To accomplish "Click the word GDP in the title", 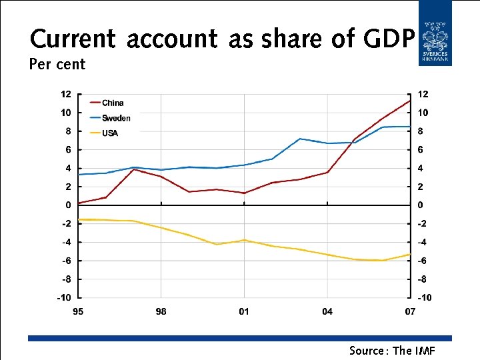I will pos(389,39).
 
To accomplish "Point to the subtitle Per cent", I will pos(57,65).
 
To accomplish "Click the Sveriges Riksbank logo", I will pos(435,33).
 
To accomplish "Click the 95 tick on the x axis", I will pos(78,311).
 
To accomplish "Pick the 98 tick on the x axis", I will pos(161,311).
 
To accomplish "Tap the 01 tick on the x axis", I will pos(244,311).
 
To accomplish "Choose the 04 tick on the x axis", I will pos(327,311).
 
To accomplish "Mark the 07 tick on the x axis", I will pos(409,311).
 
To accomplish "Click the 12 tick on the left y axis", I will pos(66,94).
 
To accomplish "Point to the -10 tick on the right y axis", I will pos(424,298).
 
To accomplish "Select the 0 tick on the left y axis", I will pos(68,205).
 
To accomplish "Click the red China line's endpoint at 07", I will pos(409,101).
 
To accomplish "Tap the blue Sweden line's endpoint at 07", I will pos(409,127).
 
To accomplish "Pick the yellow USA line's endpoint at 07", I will pos(409,254).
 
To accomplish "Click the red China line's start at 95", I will pos(79,203).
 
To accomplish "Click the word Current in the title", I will pos(74,39).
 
